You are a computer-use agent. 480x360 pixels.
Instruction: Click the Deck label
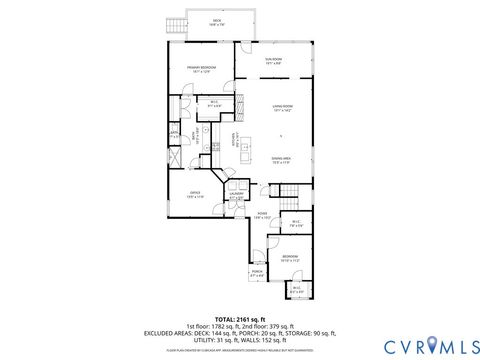point(218,21)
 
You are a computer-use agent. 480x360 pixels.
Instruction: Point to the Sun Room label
point(273,60)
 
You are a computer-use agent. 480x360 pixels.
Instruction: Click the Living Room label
point(281,108)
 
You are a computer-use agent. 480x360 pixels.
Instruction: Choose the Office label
point(195,195)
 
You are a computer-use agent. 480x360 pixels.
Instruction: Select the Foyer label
point(290,214)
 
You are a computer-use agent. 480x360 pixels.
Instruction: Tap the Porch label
point(257,272)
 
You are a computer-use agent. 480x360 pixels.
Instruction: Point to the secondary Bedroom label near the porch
point(290,258)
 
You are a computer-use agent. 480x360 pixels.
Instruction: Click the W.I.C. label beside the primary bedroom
point(214,102)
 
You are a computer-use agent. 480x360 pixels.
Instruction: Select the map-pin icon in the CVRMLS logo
point(431,345)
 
